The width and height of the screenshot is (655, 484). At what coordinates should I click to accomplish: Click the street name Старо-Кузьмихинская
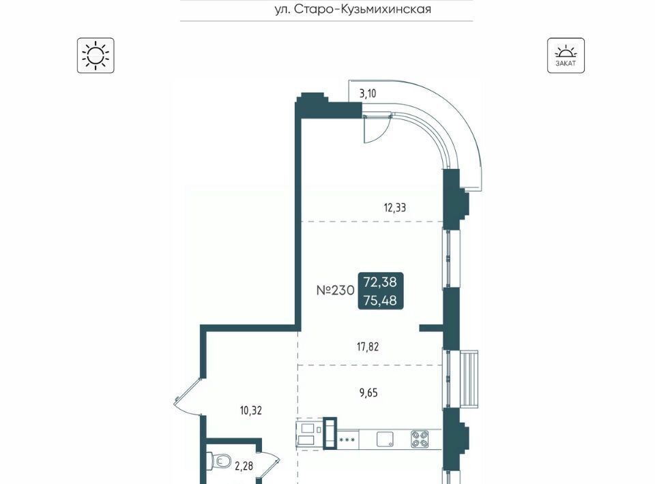[x=362, y=9]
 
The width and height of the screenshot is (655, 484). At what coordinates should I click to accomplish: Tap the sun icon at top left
[x=96, y=55]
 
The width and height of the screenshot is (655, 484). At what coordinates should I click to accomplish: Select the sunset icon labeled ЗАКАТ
[x=566, y=55]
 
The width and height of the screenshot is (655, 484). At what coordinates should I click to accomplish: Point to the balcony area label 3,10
[x=368, y=93]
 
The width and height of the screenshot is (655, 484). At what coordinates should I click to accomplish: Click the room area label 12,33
[x=395, y=207]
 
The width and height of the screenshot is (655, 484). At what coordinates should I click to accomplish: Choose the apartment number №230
[x=336, y=290]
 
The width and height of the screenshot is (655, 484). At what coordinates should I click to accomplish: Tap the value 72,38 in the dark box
[x=380, y=282]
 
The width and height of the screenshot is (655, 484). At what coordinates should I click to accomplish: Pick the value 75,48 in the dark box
[x=380, y=300]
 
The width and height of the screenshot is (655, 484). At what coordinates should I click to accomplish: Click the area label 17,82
[x=368, y=347]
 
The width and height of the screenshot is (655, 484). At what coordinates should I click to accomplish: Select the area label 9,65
[x=368, y=393]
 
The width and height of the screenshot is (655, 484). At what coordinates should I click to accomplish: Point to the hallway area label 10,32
[x=250, y=410]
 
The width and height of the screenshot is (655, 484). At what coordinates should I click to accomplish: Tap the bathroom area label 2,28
[x=244, y=466]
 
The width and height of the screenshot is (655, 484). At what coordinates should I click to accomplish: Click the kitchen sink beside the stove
[x=385, y=440]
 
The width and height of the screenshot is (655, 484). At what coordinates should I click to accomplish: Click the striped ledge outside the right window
[x=469, y=379]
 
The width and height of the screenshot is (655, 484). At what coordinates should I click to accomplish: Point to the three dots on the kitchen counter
[x=347, y=440]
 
